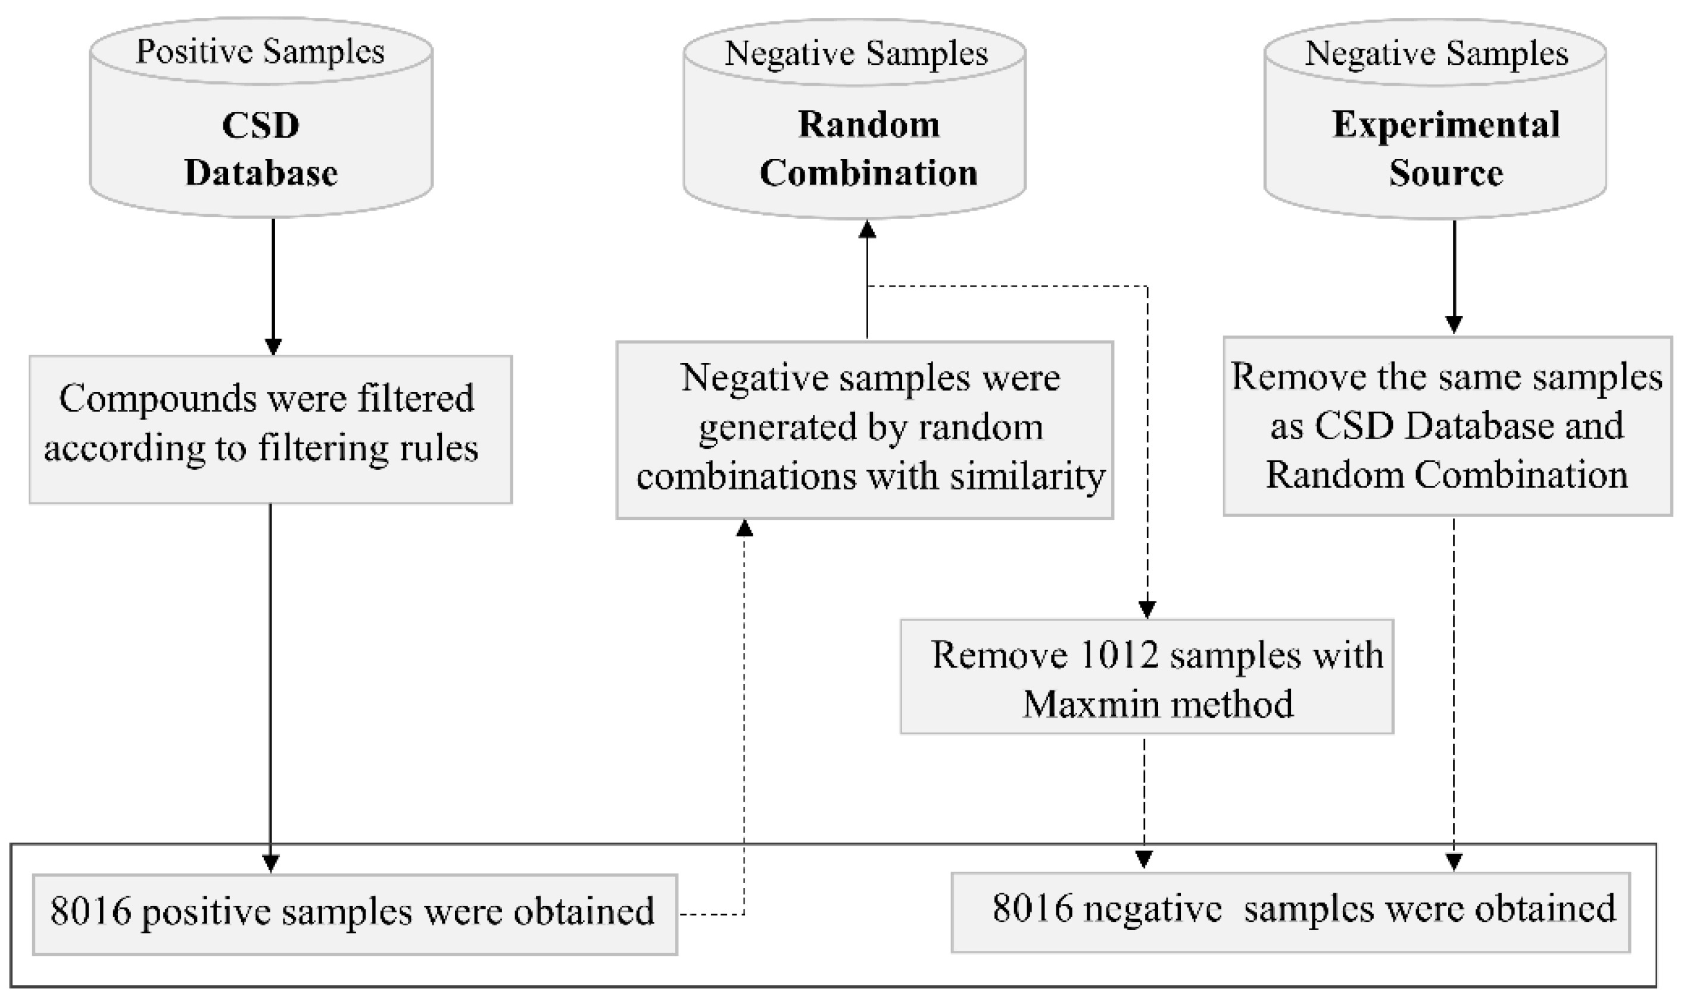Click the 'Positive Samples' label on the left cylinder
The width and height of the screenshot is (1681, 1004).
(261, 51)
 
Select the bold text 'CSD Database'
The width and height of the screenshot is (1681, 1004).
(261, 149)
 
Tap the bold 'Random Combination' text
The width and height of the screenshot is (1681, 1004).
(868, 149)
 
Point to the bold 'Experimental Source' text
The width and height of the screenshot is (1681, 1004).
(1446, 149)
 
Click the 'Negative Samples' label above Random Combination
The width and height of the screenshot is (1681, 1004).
(856, 54)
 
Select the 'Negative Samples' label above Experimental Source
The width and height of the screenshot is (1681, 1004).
(1436, 54)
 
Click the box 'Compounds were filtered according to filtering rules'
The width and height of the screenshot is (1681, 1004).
(270, 430)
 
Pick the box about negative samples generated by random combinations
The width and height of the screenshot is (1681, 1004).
(864, 430)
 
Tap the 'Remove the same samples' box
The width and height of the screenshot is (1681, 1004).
(1447, 426)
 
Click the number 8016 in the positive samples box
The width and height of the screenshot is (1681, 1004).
(91, 911)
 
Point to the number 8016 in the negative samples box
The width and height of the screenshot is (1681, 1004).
(1033, 908)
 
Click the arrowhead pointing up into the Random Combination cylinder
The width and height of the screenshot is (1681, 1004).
(867, 230)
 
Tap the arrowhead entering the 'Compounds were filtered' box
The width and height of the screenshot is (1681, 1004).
(273, 346)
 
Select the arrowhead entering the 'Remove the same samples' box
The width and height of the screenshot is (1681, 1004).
(1454, 325)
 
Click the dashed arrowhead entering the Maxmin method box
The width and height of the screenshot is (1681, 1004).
(1147, 609)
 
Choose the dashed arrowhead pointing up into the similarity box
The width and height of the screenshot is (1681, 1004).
(744, 528)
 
